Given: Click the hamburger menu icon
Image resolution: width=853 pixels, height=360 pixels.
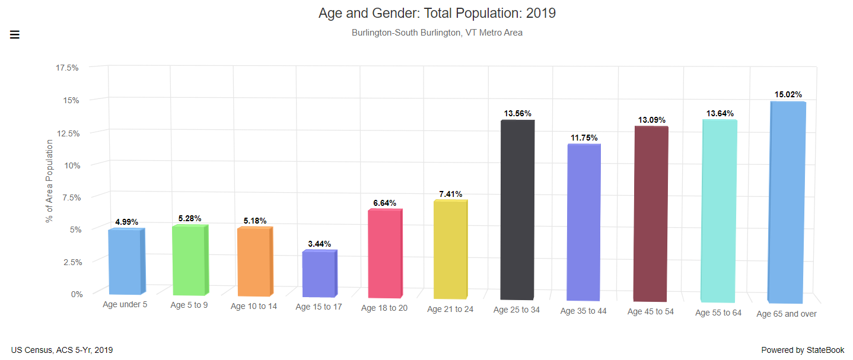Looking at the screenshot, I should coord(15,34).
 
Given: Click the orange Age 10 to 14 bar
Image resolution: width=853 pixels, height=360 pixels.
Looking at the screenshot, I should coord(254,262).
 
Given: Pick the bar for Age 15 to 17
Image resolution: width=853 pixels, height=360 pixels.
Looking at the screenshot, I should coord(319,273).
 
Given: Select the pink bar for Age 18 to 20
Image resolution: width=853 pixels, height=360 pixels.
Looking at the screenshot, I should coord(385,253).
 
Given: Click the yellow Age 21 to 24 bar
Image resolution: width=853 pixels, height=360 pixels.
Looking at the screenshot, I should coord(450,249).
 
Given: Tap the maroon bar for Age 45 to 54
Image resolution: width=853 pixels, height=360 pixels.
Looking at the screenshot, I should coord(651,214).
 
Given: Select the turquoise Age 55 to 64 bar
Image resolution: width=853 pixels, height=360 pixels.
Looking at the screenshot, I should coord(719,211).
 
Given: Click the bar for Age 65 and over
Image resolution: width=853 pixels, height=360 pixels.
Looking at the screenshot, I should coord(787,202).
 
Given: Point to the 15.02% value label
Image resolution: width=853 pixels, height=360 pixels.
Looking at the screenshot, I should coord(788,94).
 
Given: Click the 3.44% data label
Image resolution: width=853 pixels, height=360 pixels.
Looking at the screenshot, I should coord(319,244).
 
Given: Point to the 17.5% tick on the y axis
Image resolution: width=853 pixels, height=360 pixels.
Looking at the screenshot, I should coord(67,68).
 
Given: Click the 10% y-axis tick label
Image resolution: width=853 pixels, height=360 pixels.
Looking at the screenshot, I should coord(72,165).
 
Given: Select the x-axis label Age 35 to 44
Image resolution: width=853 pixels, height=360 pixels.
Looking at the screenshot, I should coord(583,311).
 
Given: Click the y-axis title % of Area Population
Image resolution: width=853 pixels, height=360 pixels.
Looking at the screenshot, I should coord(49,181).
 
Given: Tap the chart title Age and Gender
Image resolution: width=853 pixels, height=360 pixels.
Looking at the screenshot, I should coord(437,13).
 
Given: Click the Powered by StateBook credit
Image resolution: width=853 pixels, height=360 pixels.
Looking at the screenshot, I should coord(803,350).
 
